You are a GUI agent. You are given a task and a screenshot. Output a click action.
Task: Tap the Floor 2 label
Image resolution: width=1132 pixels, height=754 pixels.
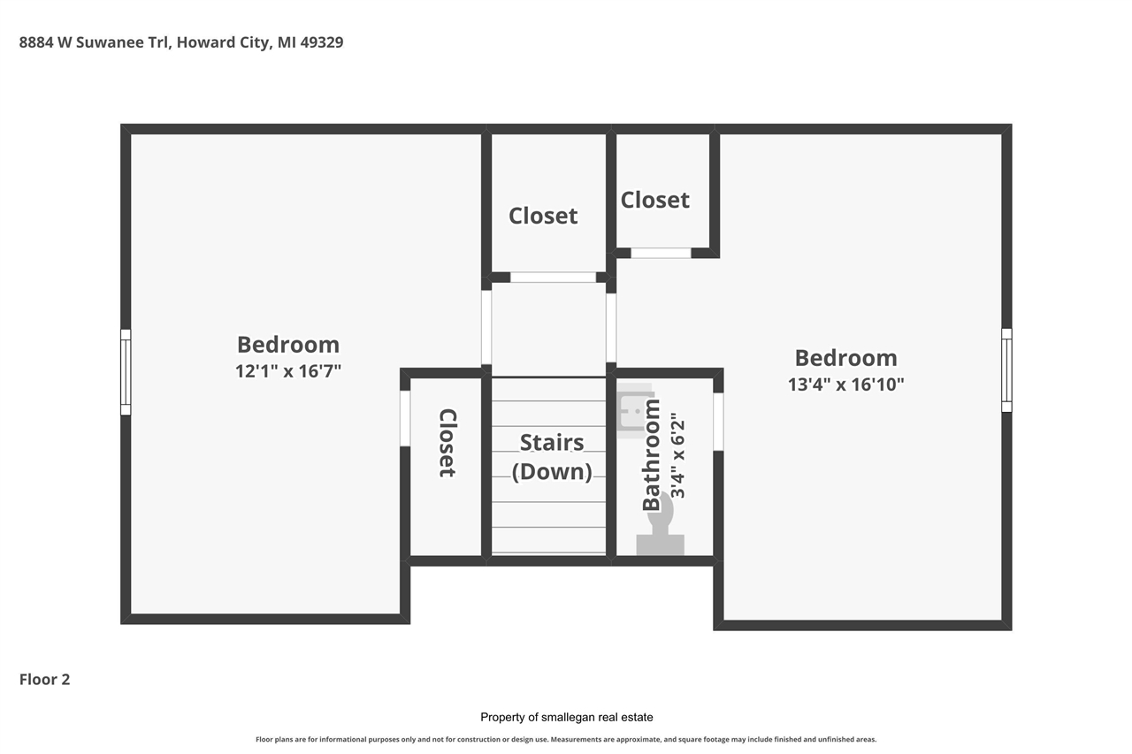point(44,679)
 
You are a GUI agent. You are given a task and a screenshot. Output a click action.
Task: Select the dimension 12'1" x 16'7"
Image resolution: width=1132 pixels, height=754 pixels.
point(288,371)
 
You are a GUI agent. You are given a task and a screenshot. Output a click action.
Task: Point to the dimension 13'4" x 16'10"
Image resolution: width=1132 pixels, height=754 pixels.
point(845,385)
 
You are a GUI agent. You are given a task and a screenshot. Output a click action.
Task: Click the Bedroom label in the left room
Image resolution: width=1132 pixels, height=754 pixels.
point(288,345)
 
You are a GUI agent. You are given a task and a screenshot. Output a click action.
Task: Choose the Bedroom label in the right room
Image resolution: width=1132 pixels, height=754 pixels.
point(845,358)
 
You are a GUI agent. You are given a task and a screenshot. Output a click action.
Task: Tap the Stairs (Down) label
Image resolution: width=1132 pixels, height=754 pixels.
point(552,456)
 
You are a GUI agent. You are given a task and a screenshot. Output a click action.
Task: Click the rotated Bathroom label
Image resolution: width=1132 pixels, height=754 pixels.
point(652,455)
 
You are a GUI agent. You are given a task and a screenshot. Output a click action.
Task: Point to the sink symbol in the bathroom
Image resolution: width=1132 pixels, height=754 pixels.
point(634,412)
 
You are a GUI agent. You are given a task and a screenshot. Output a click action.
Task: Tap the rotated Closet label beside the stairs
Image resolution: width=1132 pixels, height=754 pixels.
point(447,443)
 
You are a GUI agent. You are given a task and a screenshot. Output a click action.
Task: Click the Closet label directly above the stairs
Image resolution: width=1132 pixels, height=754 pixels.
point(543,216)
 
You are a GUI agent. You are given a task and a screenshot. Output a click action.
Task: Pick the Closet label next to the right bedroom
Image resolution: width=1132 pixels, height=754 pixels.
point(654,200)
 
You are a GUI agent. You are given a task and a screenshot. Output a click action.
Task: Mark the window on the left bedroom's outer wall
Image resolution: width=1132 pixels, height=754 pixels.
point(126,371)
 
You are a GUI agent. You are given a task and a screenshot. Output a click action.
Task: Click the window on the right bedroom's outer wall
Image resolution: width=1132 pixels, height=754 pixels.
point(1006,369)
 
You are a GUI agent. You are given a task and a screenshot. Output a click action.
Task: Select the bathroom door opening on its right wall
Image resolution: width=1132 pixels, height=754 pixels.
point(718,422)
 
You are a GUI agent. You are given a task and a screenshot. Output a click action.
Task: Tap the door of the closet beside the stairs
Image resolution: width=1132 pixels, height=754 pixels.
point(405,418)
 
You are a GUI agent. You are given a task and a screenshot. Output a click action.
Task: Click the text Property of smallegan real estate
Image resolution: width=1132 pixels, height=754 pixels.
point(566,717)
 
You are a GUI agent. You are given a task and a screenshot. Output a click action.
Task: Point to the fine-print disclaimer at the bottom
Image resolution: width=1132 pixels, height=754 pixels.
point(566,739)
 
